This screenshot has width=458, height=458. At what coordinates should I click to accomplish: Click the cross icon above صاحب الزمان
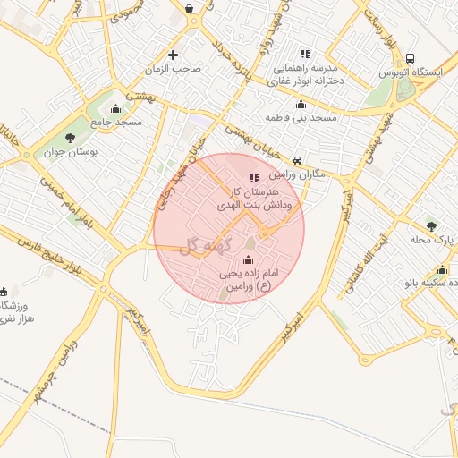(x=173, y=55)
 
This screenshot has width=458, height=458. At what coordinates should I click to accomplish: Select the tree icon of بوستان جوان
(x=70, y=138)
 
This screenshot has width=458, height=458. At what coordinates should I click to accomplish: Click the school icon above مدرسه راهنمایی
(x=305, y=54)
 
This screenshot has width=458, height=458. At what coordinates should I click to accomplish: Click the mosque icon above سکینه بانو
(x=442, y=269)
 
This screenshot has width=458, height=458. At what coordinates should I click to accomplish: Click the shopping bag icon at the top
(x=190, y=8)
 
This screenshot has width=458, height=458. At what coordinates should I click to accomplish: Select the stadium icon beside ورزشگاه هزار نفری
(x=4, y=291)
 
